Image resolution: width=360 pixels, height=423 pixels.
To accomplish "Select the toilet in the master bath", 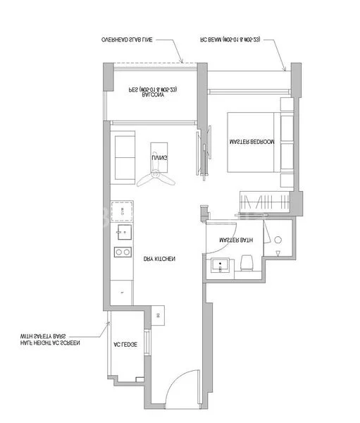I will pyautogui.click(x=246, y=264).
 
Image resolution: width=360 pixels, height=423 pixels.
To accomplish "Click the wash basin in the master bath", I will pyautogui.click(x=221, y=266).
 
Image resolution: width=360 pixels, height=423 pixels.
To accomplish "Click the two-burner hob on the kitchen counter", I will pyautogui.click(x=123, y=252).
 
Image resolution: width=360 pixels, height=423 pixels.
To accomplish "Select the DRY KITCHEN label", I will pyautogui.click(x=159, y=259).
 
